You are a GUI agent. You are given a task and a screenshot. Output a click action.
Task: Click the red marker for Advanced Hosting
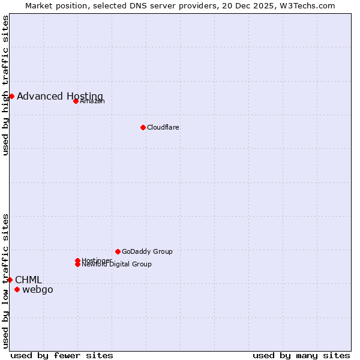pos(11,96)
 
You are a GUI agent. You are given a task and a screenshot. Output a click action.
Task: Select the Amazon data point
pos(76,101)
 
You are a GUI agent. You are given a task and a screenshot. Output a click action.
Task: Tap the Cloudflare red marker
pos(143,127)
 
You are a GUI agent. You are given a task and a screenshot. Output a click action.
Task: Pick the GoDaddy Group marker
pos(118,251)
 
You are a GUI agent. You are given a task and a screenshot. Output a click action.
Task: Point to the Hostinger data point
pos(78,260)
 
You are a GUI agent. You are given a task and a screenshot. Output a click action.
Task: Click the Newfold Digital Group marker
pos(78,264)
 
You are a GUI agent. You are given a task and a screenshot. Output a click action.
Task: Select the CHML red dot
pos(10,280)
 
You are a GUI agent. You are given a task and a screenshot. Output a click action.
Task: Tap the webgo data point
pos(17,290)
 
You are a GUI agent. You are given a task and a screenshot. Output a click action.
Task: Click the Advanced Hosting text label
pos(60,97)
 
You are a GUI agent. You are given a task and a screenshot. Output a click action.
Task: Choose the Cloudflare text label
pos(163,128)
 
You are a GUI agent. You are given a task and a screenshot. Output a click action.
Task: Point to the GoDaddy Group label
pos(147,252)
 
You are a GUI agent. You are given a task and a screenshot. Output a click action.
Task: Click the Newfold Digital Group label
pos(117,265)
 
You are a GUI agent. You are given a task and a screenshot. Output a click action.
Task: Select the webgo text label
pos(38,290)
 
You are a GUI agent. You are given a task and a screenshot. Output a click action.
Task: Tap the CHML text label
pos(29,280)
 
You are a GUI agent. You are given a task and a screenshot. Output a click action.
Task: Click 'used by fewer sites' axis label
pos(62,356)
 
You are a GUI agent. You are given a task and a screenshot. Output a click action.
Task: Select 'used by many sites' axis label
pos(301,356)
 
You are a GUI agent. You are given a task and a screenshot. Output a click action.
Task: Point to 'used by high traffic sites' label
pos(5,85)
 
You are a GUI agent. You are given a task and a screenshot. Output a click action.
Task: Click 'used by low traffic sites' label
pos(5,281)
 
